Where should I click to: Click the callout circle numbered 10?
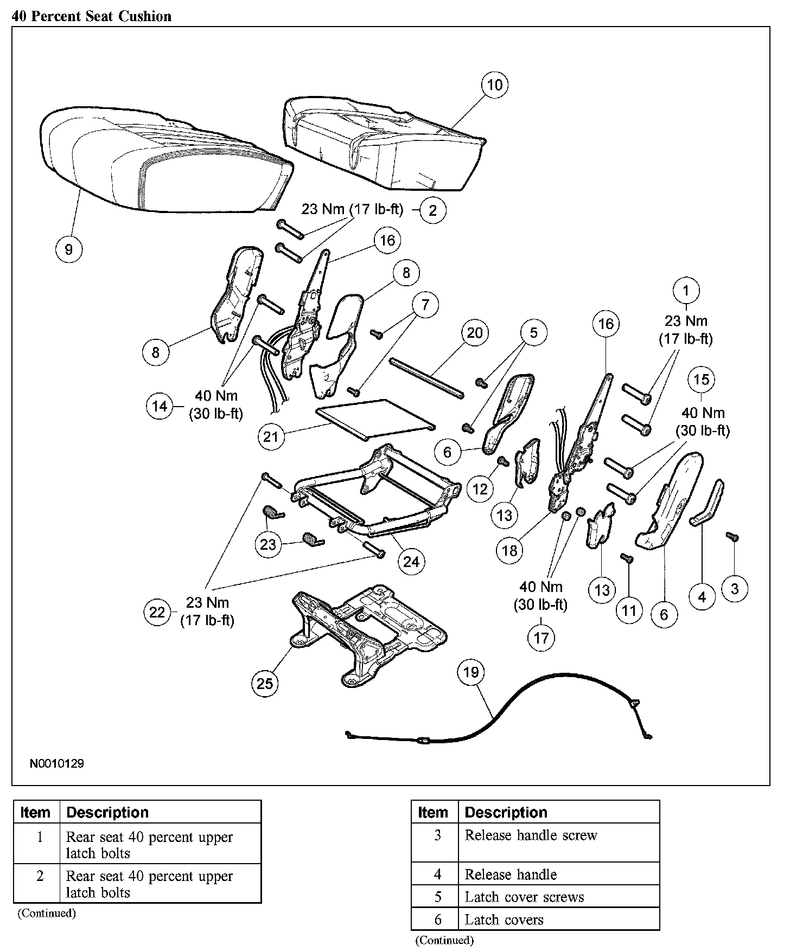494,85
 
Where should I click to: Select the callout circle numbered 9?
69,249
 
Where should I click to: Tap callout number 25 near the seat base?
265,683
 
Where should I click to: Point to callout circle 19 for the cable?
471,672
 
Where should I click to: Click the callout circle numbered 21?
270,436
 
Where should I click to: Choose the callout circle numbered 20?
474,333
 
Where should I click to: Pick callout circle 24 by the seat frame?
411,562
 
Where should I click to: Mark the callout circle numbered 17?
541,638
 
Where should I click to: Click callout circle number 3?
735,589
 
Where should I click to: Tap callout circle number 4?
702,597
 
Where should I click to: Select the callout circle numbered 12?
480,489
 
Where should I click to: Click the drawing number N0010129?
57,764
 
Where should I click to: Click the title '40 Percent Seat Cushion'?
92,16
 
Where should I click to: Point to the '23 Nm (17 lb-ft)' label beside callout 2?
352,209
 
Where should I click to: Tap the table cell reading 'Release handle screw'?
531,835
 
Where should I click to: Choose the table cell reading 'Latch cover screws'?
524,897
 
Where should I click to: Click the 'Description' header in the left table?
107,813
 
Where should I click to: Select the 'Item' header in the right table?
433,813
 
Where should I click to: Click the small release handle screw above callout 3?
732,536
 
